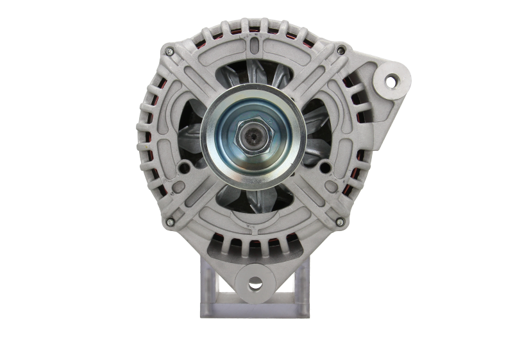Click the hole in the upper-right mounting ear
pos(389,81)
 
